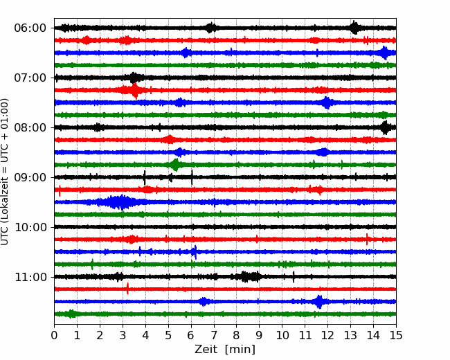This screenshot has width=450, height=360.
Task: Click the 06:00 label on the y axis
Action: (x=30, y=28)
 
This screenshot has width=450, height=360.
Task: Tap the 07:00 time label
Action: (x=30, y=78)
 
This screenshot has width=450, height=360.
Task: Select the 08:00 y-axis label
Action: (x=30, y=127)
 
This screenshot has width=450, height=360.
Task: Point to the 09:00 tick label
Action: (x=30, y=177)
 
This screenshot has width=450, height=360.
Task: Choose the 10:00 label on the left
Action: (x=30, y=227)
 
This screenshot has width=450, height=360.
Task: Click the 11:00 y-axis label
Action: (x=30, y=277)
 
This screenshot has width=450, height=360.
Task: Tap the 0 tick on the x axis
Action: (x=54, y=335)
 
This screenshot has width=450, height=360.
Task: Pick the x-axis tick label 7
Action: (x=214, y=335)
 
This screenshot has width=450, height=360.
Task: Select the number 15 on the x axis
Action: (x=396, y=335)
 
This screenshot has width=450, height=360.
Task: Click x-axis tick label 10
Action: (x=282, y=335)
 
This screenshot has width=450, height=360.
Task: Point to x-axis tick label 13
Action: (x=350, y=335)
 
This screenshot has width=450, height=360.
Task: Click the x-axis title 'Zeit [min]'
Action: (x=225, y=350)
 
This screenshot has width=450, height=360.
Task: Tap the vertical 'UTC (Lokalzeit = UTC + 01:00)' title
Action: (x=5, y=172)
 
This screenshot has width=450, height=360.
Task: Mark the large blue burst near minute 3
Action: (x=118, y=202)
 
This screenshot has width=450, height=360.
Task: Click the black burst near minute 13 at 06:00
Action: (x=354, y=28)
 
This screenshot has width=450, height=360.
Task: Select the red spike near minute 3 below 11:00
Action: (x=127, y=288)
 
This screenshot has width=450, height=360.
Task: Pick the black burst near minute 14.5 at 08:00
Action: (x=385, y=127)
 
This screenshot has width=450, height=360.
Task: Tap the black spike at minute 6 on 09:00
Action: (x=192, y=177)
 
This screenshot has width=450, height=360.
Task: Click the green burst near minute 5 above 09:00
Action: (x=175, y=165)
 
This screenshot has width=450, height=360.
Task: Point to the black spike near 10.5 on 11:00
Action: (x=294, y=277)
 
